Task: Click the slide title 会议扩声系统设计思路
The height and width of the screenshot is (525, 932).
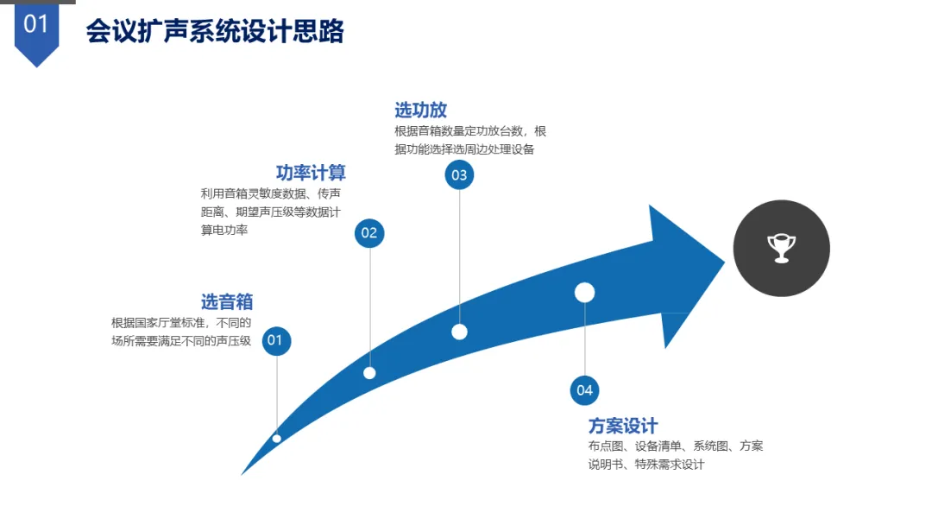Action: coord(215,31)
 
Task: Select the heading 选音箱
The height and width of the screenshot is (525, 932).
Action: coord(227,301)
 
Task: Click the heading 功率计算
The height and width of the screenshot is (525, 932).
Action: coord(311,173)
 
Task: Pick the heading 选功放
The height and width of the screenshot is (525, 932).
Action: coord(420,110)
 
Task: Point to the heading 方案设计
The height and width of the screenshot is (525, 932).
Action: coord(623,426)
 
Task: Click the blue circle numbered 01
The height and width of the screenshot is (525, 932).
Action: coord(275,340)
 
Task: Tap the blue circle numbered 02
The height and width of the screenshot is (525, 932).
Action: coord(369,232)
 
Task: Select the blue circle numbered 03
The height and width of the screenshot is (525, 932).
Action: coord(459,175)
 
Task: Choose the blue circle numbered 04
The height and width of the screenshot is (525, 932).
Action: coord(585,390)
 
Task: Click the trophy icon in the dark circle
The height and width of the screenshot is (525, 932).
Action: coord(781,248)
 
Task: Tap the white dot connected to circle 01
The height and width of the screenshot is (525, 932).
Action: coord(277,439)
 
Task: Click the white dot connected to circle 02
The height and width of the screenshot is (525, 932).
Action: coord(369,373)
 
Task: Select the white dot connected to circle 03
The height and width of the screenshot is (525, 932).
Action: coord(459,332)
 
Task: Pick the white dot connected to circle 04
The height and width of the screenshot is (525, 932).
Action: coord(585,293)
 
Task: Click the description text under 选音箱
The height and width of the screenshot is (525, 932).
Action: coord(181,332)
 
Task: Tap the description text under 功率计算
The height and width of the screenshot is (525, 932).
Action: coord(270,212)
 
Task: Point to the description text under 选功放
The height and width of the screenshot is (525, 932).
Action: coord(470,140)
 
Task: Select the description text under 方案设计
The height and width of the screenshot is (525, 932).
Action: coord(675,455)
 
